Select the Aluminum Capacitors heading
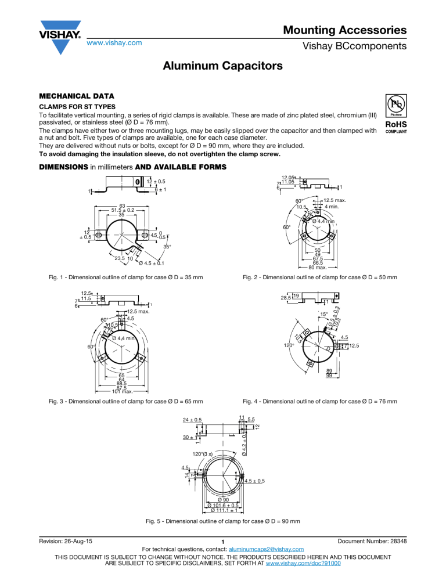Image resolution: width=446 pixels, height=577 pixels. click(223, 67)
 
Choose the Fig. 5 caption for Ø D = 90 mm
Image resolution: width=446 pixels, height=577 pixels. click(223, 521)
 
